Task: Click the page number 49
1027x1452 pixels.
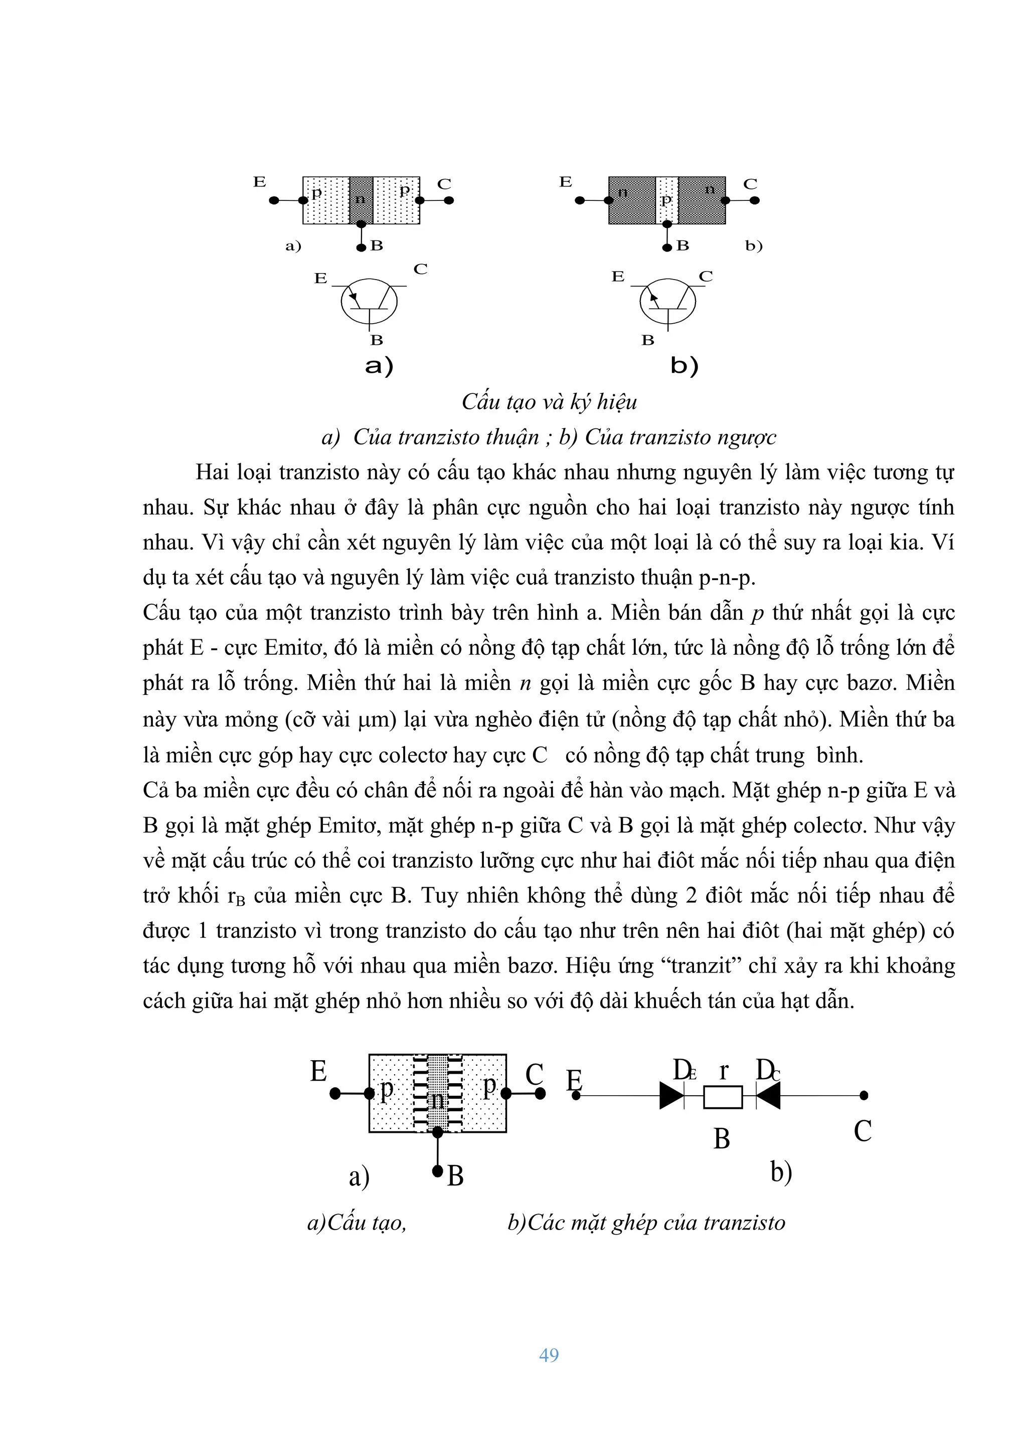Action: (549, 1355)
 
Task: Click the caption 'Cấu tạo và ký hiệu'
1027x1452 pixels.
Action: (549, 401)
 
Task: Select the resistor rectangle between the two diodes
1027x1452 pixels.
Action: (723, 1097)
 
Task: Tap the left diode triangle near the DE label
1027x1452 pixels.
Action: (671, 1095)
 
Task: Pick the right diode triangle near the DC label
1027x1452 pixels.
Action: (769, 1095)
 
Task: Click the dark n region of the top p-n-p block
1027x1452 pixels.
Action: (361, 200)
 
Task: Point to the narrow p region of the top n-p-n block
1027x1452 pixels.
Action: (666, 200)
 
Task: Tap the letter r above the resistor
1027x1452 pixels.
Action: (723, 1070)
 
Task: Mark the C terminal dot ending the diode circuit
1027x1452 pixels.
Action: (864, 1095)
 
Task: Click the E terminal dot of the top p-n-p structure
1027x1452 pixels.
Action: (274, 200)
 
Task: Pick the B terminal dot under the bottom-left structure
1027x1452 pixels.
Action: (437, 1171)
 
